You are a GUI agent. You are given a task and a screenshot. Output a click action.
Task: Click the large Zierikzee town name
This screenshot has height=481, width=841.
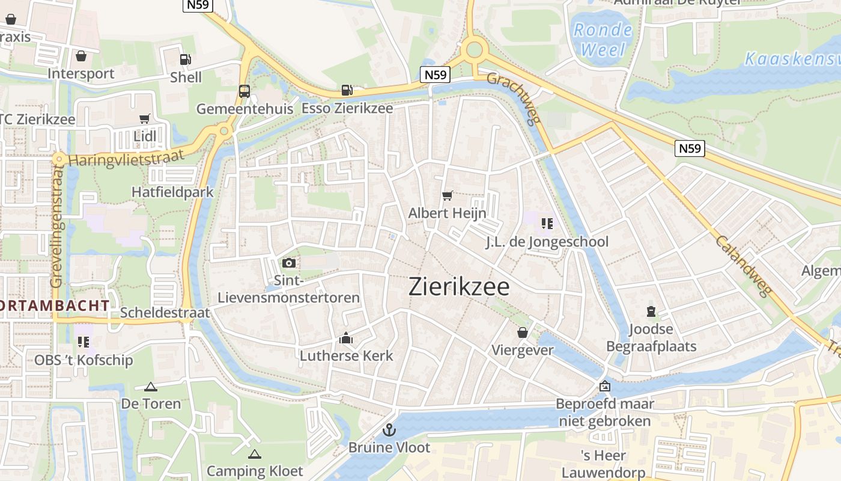[459, 287]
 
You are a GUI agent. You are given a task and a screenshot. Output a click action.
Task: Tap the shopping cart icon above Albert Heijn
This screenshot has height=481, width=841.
[447, 195]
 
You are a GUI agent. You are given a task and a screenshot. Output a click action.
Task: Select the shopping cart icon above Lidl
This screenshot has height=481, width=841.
[144, 118]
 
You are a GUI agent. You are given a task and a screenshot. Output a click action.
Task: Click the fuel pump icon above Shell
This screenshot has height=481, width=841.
[185, 60]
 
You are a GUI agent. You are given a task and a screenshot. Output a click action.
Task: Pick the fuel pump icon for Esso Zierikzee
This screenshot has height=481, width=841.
[347, 90]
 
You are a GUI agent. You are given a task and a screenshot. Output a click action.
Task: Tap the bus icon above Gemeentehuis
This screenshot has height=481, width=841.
[244, 91]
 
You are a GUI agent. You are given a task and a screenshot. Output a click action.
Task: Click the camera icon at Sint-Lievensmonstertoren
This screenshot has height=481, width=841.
[288, 263]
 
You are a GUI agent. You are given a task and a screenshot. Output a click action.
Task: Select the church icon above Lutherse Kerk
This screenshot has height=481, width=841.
[346, 339]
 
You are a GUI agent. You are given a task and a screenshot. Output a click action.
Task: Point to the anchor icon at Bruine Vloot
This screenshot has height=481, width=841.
[389, 430]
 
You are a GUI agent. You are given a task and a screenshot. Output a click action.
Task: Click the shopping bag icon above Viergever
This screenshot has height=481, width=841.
[523, 332]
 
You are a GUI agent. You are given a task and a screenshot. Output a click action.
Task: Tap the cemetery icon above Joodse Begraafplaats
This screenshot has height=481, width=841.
[651, 311]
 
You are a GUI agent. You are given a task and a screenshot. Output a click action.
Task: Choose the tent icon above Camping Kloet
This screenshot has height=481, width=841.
[255, 454]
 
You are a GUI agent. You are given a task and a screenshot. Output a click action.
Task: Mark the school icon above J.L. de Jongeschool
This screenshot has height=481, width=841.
[547, 224]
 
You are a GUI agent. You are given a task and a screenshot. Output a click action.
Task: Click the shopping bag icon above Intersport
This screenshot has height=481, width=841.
[81, 56]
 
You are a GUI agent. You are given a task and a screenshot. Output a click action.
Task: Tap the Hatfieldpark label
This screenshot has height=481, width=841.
[173, 192]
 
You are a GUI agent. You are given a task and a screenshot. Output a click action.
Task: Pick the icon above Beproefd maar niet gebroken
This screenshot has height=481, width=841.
[604, 386]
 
